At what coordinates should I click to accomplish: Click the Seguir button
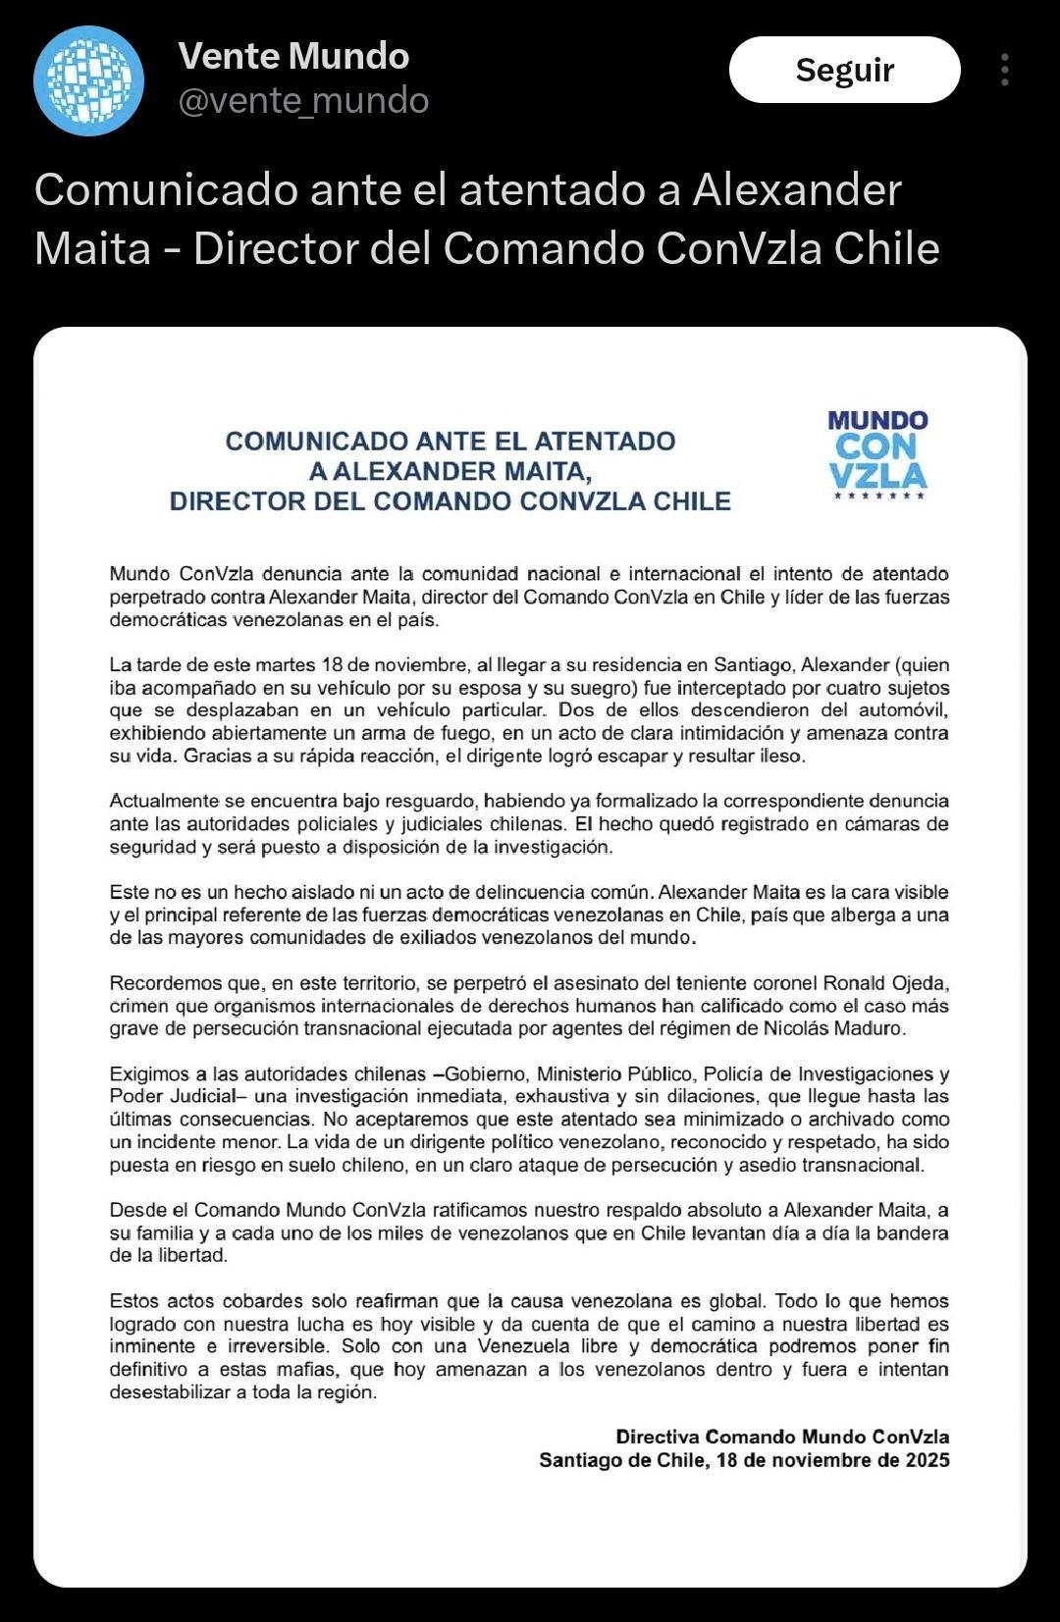click(x=844, y=70)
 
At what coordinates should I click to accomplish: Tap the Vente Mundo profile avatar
click(x=89, y=80)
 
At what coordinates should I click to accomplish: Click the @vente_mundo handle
click(x=303, y=101)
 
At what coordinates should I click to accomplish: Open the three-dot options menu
click(x=1004, y=70)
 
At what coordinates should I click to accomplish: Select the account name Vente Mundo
click(x=293, y=56)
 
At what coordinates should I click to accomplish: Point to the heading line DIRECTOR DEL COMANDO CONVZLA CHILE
click(x=450, y=501)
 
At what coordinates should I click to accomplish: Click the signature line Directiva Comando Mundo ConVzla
click(x=782, y=1437)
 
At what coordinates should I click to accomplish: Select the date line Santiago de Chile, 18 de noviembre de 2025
click(x=744, y=1460)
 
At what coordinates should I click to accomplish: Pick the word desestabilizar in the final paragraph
click(x=170, y=1392)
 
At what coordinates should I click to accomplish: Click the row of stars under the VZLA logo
click(x=878, y=497)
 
